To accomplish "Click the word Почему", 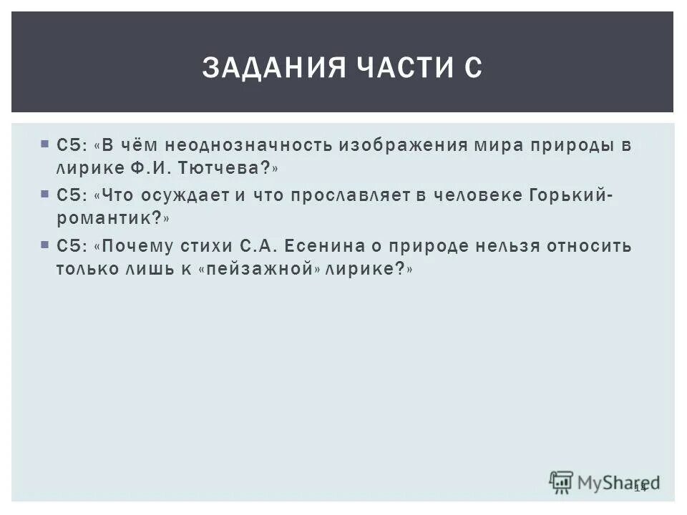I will click(136, 245).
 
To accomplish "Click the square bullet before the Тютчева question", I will click(44, 143).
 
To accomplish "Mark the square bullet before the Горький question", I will click(44, 194).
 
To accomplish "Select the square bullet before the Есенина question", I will click(44, 244).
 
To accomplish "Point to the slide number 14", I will click(640, 487).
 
